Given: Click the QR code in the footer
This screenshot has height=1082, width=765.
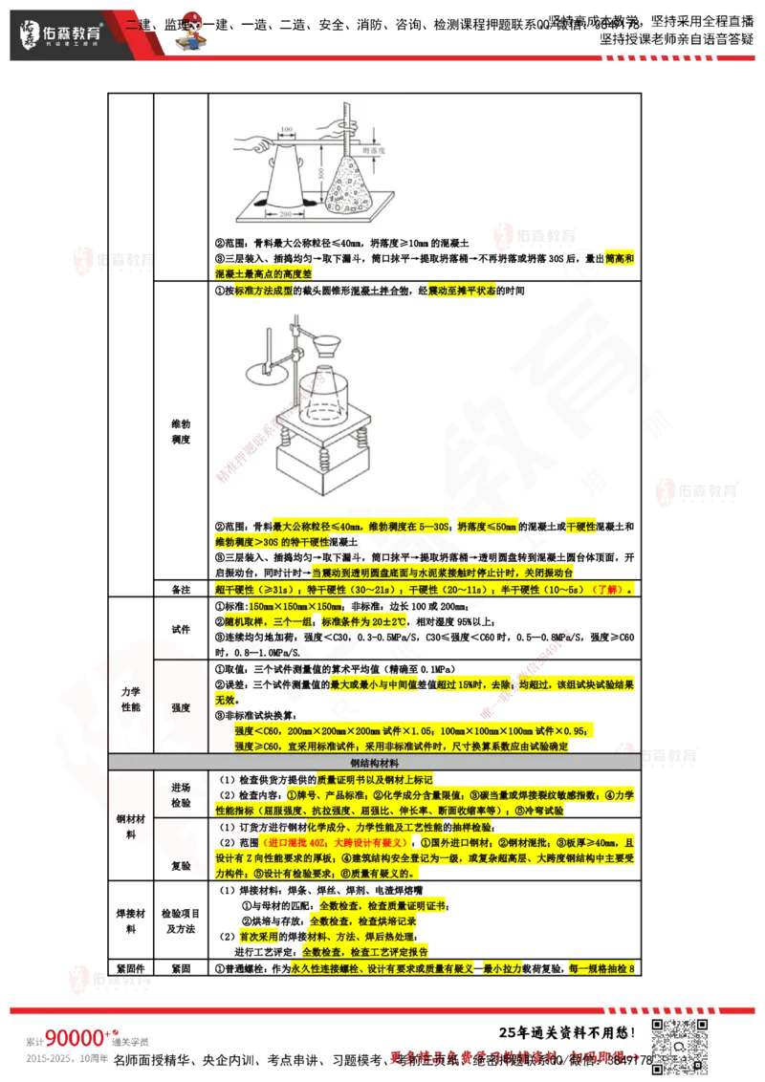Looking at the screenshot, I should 681,1045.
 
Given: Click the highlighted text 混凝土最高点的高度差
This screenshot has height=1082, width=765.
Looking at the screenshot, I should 263,273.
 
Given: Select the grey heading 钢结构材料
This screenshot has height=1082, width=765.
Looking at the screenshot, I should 374,763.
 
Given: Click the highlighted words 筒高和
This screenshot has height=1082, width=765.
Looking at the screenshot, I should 619,258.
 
